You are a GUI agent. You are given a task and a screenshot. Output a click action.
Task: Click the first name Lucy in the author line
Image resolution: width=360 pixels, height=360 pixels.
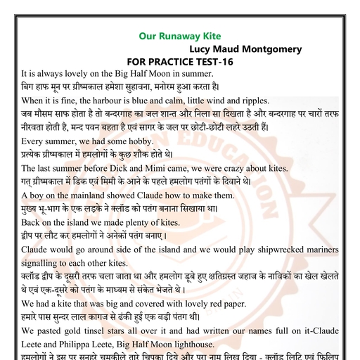(x=204, y=49)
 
